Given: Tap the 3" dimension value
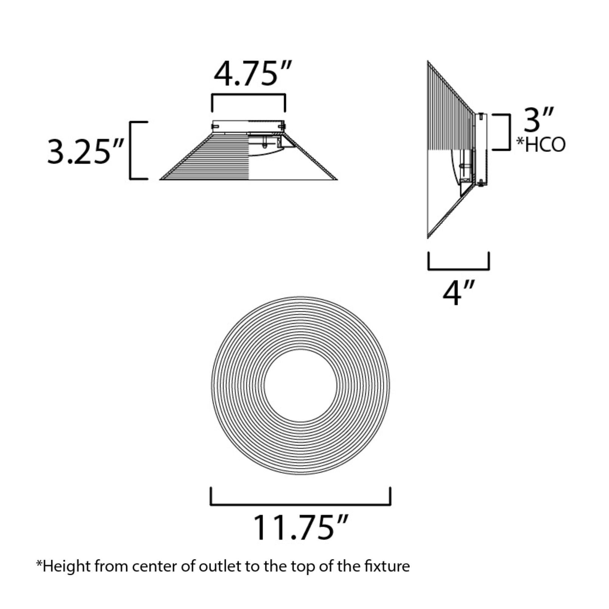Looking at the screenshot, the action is [x=539, y=119].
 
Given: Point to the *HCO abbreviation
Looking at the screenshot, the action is [x=541, y=145].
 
